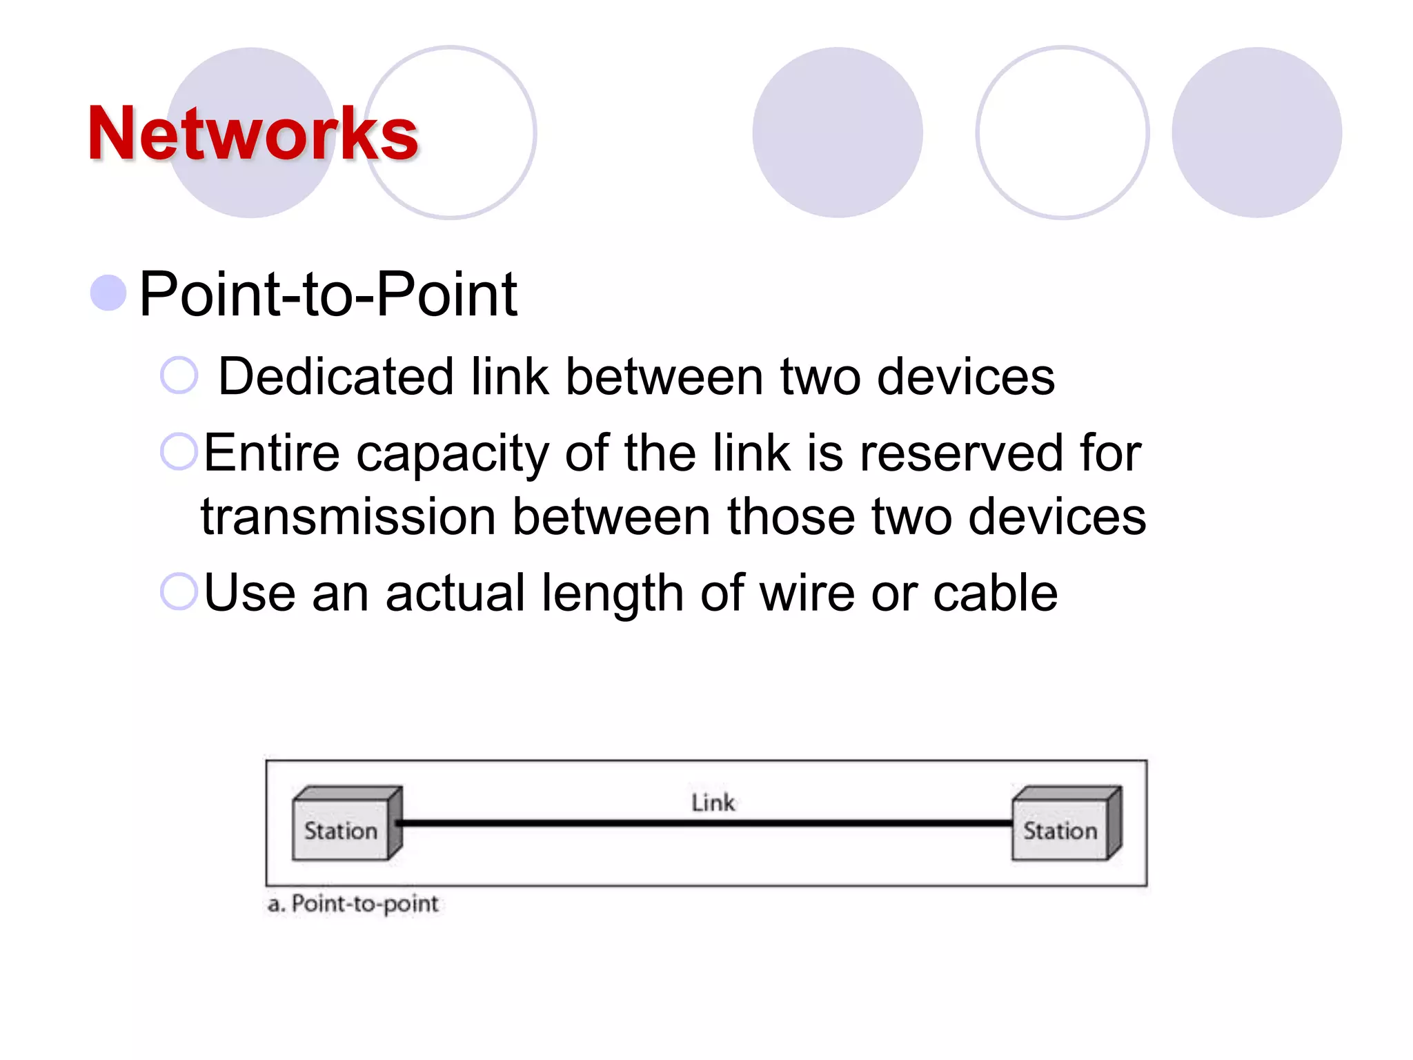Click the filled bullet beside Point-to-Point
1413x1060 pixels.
(x=108, y=293)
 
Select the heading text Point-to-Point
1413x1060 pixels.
(x=328, y=294)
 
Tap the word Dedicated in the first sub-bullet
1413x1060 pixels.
(x=335, y=377)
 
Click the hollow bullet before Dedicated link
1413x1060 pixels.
(x=179, y=375)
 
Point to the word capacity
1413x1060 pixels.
(x=452, y=453)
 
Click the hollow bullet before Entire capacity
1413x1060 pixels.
(x=179, y=452)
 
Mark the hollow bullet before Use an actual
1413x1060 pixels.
(x=179, y=591)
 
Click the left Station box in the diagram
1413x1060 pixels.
(x=342, y=829)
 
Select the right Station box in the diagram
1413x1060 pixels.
(x=1060, y=829)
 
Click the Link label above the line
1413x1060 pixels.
(x=713, y=803)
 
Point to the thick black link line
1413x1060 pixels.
(x=704, y=823)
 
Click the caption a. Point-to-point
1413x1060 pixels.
(x=353, y=904)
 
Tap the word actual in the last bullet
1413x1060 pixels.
(x=455, y=593)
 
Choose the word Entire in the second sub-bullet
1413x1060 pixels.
(x=272, y=453)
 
